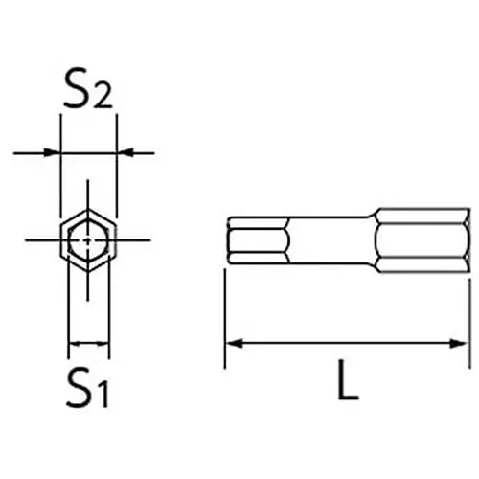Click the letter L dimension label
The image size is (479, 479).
point(347,383)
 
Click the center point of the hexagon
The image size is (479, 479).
point(87,239)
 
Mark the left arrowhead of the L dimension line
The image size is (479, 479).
point(232,343)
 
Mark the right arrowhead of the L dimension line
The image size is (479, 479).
point(463,343)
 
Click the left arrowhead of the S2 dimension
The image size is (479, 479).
point(53,151)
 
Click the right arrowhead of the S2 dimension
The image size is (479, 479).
point(124,151)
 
